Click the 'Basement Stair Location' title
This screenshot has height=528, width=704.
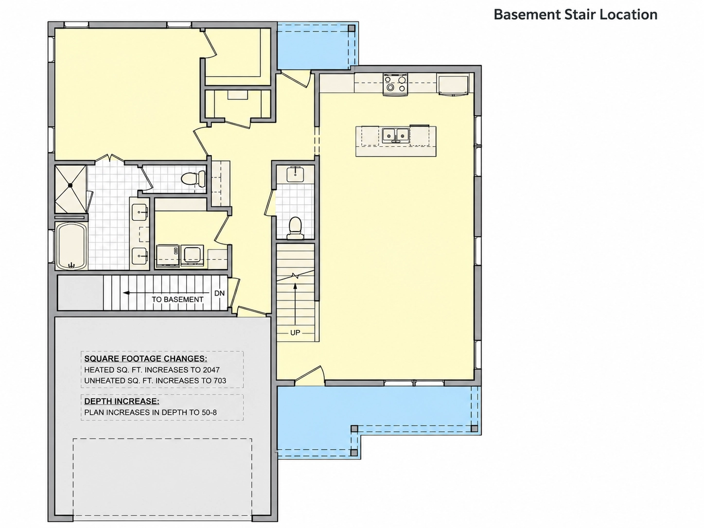tap(575, 15)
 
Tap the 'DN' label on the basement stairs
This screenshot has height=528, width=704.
tap(219, 293)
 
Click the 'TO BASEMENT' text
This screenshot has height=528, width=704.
tap(177, 299)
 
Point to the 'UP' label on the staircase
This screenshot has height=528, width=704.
tap(295, 333)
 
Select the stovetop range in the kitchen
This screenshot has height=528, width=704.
tap(395, 85)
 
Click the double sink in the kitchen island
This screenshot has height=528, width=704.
tap(395, 135)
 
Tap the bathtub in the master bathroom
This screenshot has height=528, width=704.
tap(71, 246)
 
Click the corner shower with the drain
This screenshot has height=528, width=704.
tap(70, 189)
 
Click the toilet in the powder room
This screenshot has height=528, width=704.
tap(295, 228)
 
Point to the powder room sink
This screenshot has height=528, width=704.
tap(296, 175)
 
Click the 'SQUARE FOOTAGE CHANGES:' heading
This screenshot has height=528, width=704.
tap(145, 358)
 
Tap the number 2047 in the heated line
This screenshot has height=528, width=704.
tap(211, 370)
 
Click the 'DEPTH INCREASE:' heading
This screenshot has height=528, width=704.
tap(122, 401)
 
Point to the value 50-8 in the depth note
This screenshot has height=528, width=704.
tap(209, 412)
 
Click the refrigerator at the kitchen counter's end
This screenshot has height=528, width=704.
tap(453, 85)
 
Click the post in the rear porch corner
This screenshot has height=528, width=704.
tap(352, 28)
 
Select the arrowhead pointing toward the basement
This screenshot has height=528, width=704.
tap(126, 293)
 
